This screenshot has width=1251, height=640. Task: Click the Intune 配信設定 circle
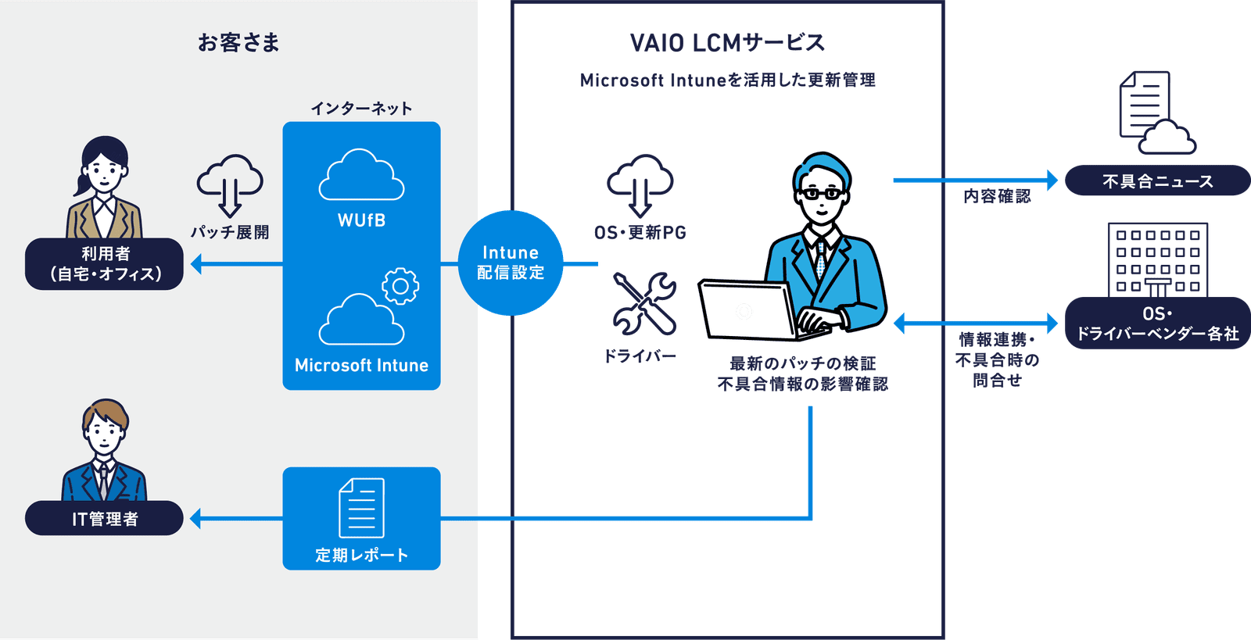pos(511,263)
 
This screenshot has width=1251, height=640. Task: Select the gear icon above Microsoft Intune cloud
pos(400,287)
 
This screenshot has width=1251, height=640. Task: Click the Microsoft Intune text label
pos(361,365)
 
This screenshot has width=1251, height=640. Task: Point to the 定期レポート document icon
pos(361,508)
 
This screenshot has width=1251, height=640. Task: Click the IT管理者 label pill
pos(104,519)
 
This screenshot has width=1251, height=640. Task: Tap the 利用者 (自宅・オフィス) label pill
pos(104,264)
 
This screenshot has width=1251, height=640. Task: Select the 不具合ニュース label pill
pos(1157,181)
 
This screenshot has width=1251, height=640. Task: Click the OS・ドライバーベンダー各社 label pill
pos(1157,324)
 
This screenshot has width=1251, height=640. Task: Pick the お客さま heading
pos(238,42)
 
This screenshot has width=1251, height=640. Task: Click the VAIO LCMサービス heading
pos(727,43)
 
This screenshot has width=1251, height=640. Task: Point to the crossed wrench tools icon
pos(644,303)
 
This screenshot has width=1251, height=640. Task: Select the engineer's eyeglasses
pos(821,193)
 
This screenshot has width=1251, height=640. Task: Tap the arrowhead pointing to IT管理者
pos(196,518)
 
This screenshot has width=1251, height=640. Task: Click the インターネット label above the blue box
pos(361,109)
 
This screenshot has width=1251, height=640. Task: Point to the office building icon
pos(1157,258)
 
